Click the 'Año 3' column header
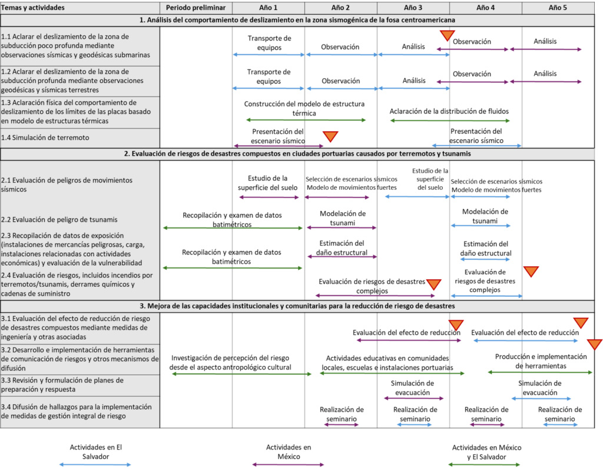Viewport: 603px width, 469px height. (413, 8)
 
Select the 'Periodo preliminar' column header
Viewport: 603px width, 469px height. (196, 8)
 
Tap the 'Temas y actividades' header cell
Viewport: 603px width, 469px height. (33, 8)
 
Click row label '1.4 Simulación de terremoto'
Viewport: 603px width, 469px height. (45, 138)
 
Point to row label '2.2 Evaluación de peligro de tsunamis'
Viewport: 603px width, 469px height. (59, 220)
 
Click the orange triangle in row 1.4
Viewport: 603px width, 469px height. (330, 136)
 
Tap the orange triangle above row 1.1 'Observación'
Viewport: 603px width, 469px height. (448, 35)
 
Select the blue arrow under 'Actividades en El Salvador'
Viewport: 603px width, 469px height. (95, 465)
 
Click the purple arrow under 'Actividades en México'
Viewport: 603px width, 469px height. (289, 465)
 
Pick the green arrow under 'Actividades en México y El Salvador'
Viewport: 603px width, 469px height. (484, 465)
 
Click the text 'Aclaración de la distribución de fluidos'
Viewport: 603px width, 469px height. (449, 111)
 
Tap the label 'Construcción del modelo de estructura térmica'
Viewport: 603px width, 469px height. (304, 108)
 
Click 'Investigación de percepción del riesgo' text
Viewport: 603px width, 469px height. (230, 358)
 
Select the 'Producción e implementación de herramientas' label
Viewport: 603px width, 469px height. (541, 361)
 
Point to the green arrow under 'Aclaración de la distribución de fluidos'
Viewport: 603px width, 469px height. (450, 121)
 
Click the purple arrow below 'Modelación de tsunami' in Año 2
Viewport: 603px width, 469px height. (342, 228)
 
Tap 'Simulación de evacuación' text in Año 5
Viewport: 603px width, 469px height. (540, 388)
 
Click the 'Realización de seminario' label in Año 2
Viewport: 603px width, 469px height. (342, 414)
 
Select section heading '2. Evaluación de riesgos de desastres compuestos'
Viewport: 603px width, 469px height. (297, 154)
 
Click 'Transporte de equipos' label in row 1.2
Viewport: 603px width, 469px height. (269, 77)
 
